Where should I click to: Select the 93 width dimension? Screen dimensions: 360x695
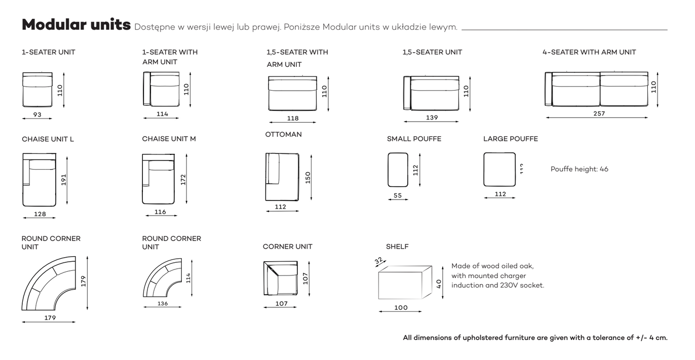[x=37, y=115]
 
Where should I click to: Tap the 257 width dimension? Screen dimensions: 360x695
[x=599, y=113]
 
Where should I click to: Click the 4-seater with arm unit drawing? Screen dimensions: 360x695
[x=597, y=89]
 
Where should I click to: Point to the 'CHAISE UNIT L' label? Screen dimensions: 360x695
[x=48, y=139]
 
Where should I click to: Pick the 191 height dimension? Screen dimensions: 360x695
[x=63, y=180]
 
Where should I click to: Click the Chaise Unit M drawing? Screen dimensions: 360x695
[x=158, y=179]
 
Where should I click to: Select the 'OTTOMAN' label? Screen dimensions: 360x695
[x=283, y=135]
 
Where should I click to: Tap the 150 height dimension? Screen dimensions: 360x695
[x=307, y=178]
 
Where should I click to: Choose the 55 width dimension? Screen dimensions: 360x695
[x=398, y=195]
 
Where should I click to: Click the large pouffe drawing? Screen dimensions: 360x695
[x=499, y=170]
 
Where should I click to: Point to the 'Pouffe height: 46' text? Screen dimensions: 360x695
[x=579, y=169]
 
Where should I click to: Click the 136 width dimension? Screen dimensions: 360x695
[x=162, y=304]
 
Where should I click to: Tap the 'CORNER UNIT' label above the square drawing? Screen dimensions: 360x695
[x=287, y=247]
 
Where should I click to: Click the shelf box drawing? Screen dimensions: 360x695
[x=404, y=283]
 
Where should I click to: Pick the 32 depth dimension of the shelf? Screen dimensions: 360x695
[x=378, y=261]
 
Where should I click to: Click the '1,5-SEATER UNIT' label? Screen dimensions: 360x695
[x=432, y=52]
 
